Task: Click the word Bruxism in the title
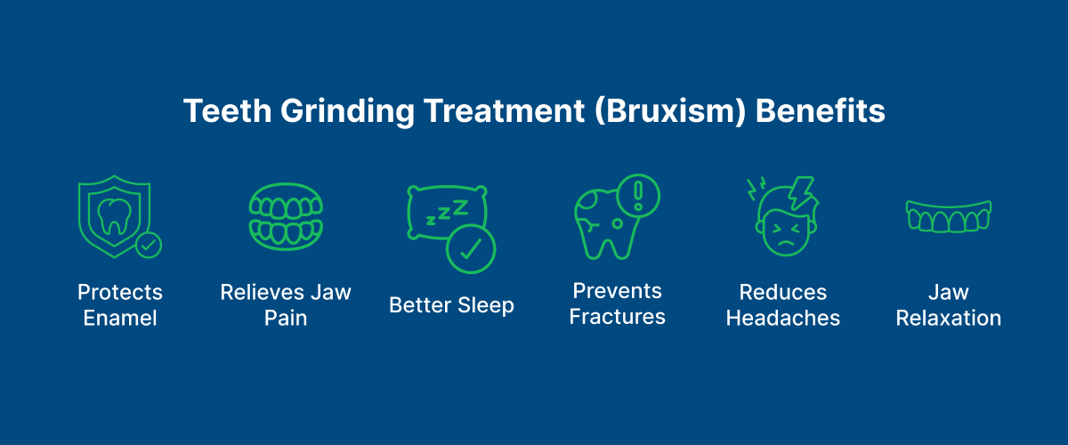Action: (670, 111)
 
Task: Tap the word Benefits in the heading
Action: (820, 110)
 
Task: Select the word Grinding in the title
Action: (347, 112)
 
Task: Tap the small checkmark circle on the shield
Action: (149, 245)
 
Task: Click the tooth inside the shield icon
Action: (115, 217)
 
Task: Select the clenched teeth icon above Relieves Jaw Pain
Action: (286, 216)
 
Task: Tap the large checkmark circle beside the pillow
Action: (471, 249)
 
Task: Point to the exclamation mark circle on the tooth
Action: (638, 196)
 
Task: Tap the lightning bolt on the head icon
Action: (802, 192)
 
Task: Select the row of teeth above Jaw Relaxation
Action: (949, 216)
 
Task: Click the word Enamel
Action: (120, 318)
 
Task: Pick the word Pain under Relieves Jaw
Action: (286, 318)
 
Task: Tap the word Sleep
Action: (486, 306)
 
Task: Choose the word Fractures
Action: (617, 317)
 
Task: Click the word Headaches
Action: (783, 318)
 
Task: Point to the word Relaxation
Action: (949, 318)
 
